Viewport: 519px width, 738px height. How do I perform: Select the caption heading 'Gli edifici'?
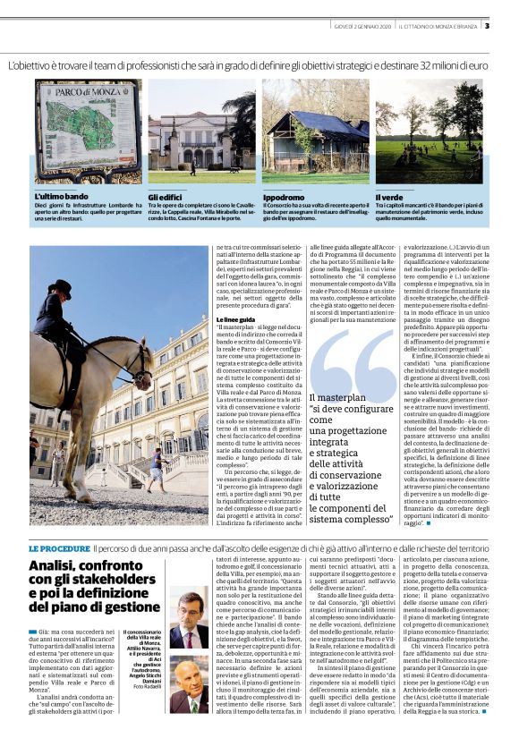coord(166,196)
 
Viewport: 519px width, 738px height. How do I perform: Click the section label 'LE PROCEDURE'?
coord(59,547)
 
